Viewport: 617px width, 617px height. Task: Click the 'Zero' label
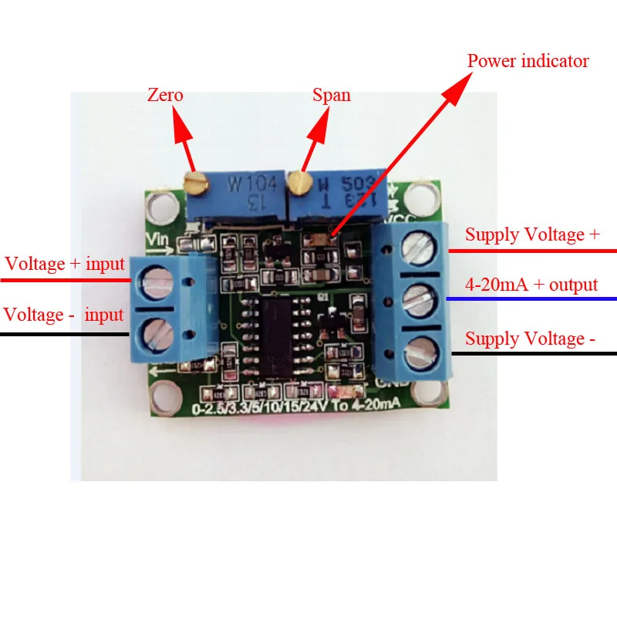[x=165, y=96]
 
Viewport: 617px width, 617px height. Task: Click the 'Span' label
[x=331, y=96]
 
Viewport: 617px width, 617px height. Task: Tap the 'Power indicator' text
[x=528, y=61]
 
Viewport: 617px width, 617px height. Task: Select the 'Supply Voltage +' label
[x=532, y=235]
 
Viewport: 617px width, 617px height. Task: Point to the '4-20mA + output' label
[x=531, y=285]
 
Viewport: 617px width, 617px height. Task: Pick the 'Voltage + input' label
[x=65, y=264]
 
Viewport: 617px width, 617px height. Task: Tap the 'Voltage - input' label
[x=64, y=315]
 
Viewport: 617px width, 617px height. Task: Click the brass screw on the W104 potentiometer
[x=196, y=182]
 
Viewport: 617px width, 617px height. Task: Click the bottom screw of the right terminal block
[x=416, y=349]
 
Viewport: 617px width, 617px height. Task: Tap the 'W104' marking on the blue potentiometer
[x=245, y=185]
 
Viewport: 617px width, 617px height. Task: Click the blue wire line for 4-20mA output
[x=532, y=298]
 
